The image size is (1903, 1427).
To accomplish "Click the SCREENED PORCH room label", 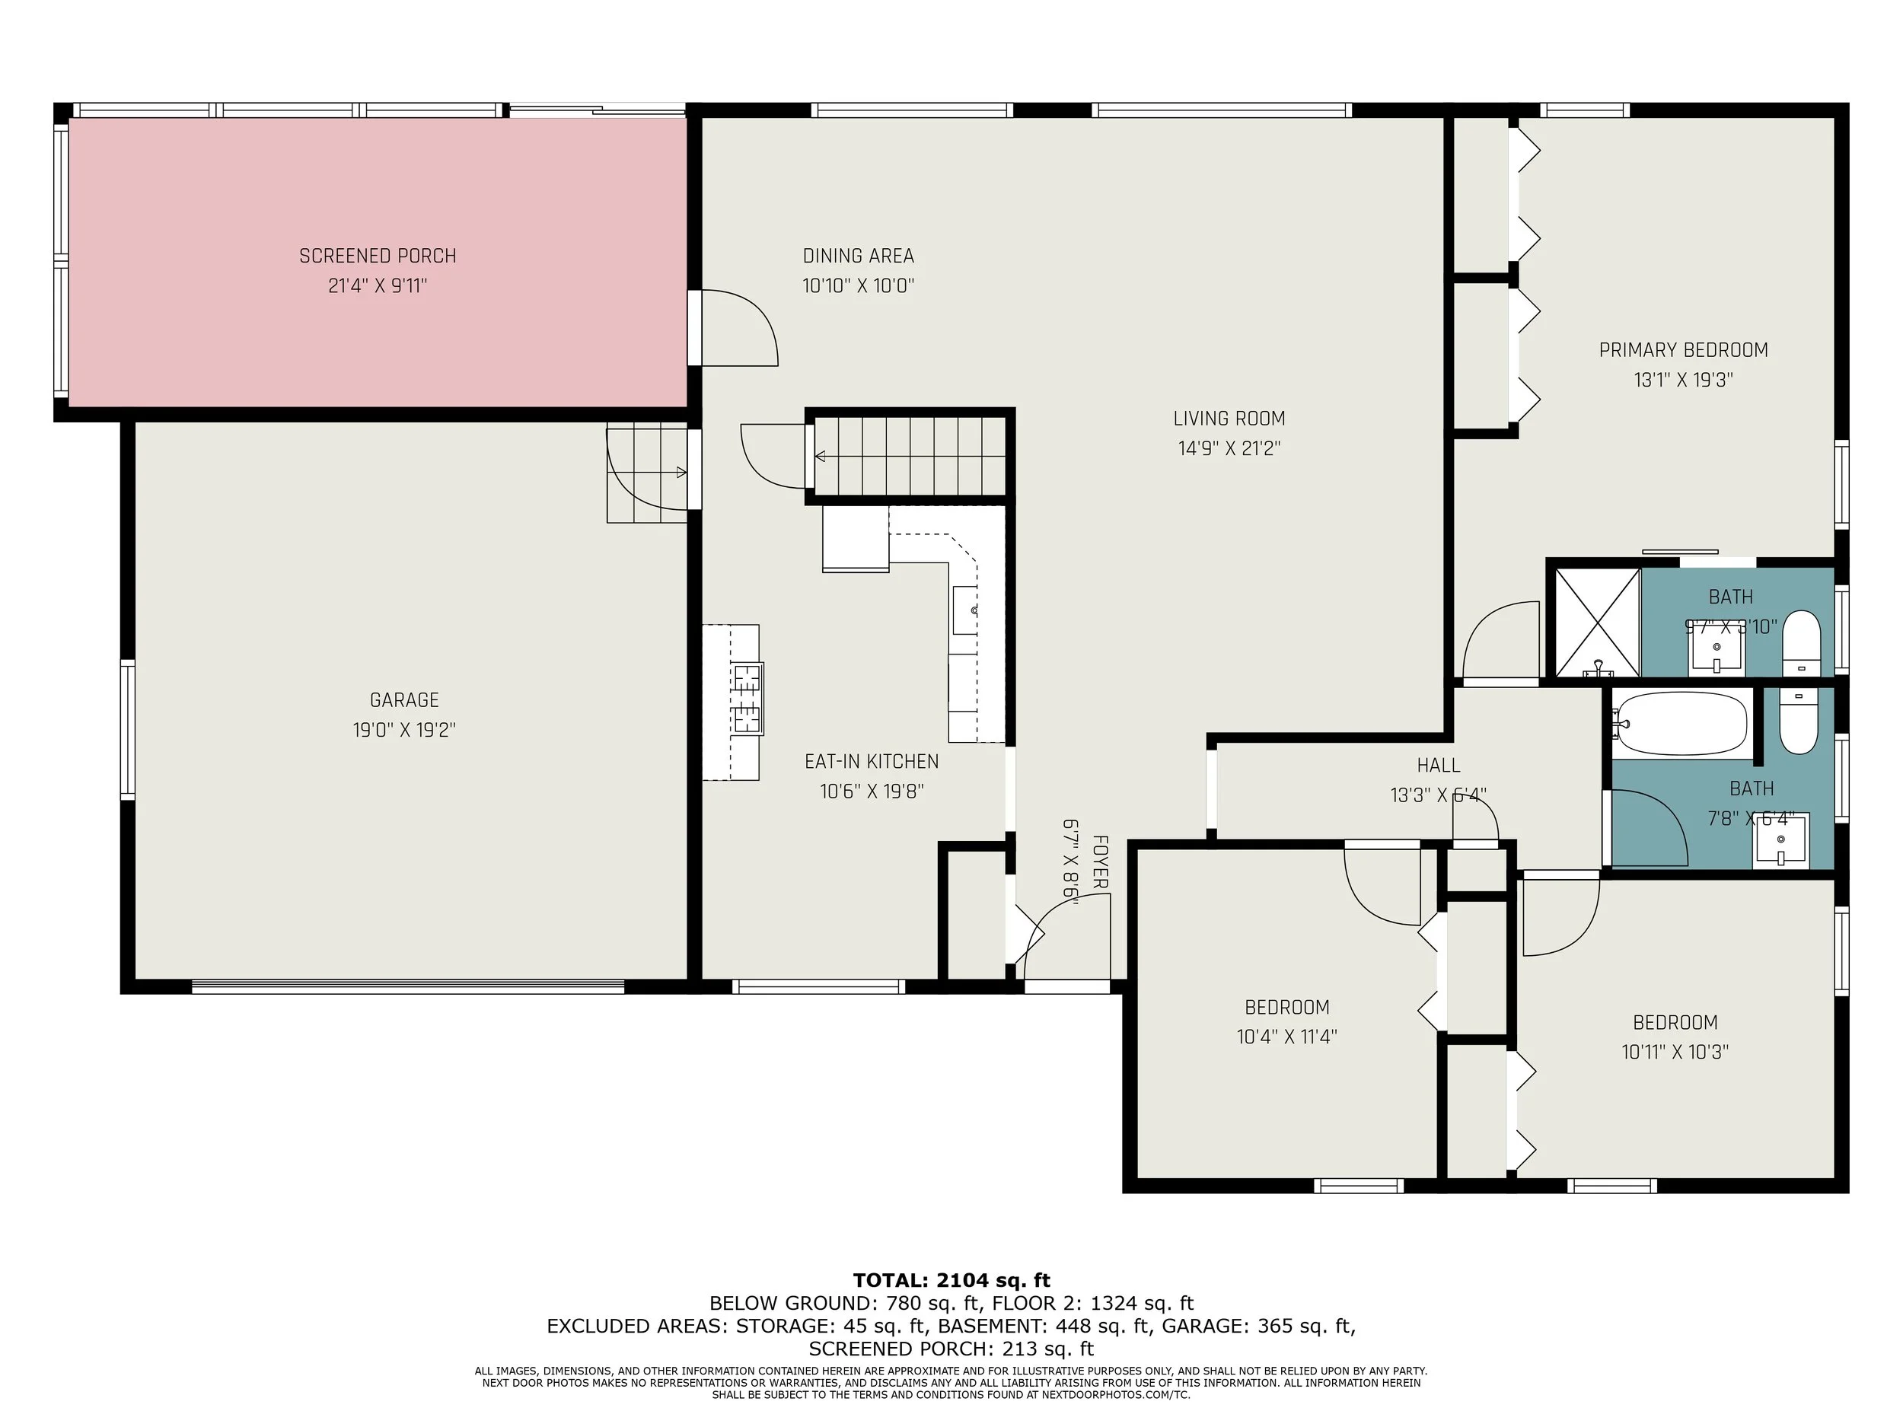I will pyautogui.click(x=378, y=256).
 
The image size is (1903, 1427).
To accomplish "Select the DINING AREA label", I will pyautogui.click(x=858, y=256).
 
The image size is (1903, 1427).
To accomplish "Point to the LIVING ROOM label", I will pyautogui.click(x=1229, y=419).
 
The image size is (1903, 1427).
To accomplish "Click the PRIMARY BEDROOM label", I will pyautogui.click(x=1683, y=350).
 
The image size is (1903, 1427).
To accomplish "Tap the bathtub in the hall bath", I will pyautogui.click(x=1679, y=723).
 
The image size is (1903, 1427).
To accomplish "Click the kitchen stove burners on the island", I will pyautogui.click(x=747, y=699).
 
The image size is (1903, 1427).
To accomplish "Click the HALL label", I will pyautogui.click(x=1438, y=765).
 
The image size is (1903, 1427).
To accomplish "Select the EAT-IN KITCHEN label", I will pyautogui.click(x=872, y=761).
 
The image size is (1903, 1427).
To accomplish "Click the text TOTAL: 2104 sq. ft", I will pyautogui.click(x=951, y=1281).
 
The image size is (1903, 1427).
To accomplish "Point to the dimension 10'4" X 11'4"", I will pyautogui.click(x=1286, y=1037).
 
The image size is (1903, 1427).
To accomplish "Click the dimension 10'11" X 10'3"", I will pyautogui.click(x=1674, y=1052).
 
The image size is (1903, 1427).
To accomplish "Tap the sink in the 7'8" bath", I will pyautogui.click(x=1781, y=842).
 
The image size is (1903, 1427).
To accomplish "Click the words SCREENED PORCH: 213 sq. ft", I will pyautogui.click(x=951, y=1349).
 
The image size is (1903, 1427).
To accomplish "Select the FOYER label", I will pyautogui.click(x=1099, y=861).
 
